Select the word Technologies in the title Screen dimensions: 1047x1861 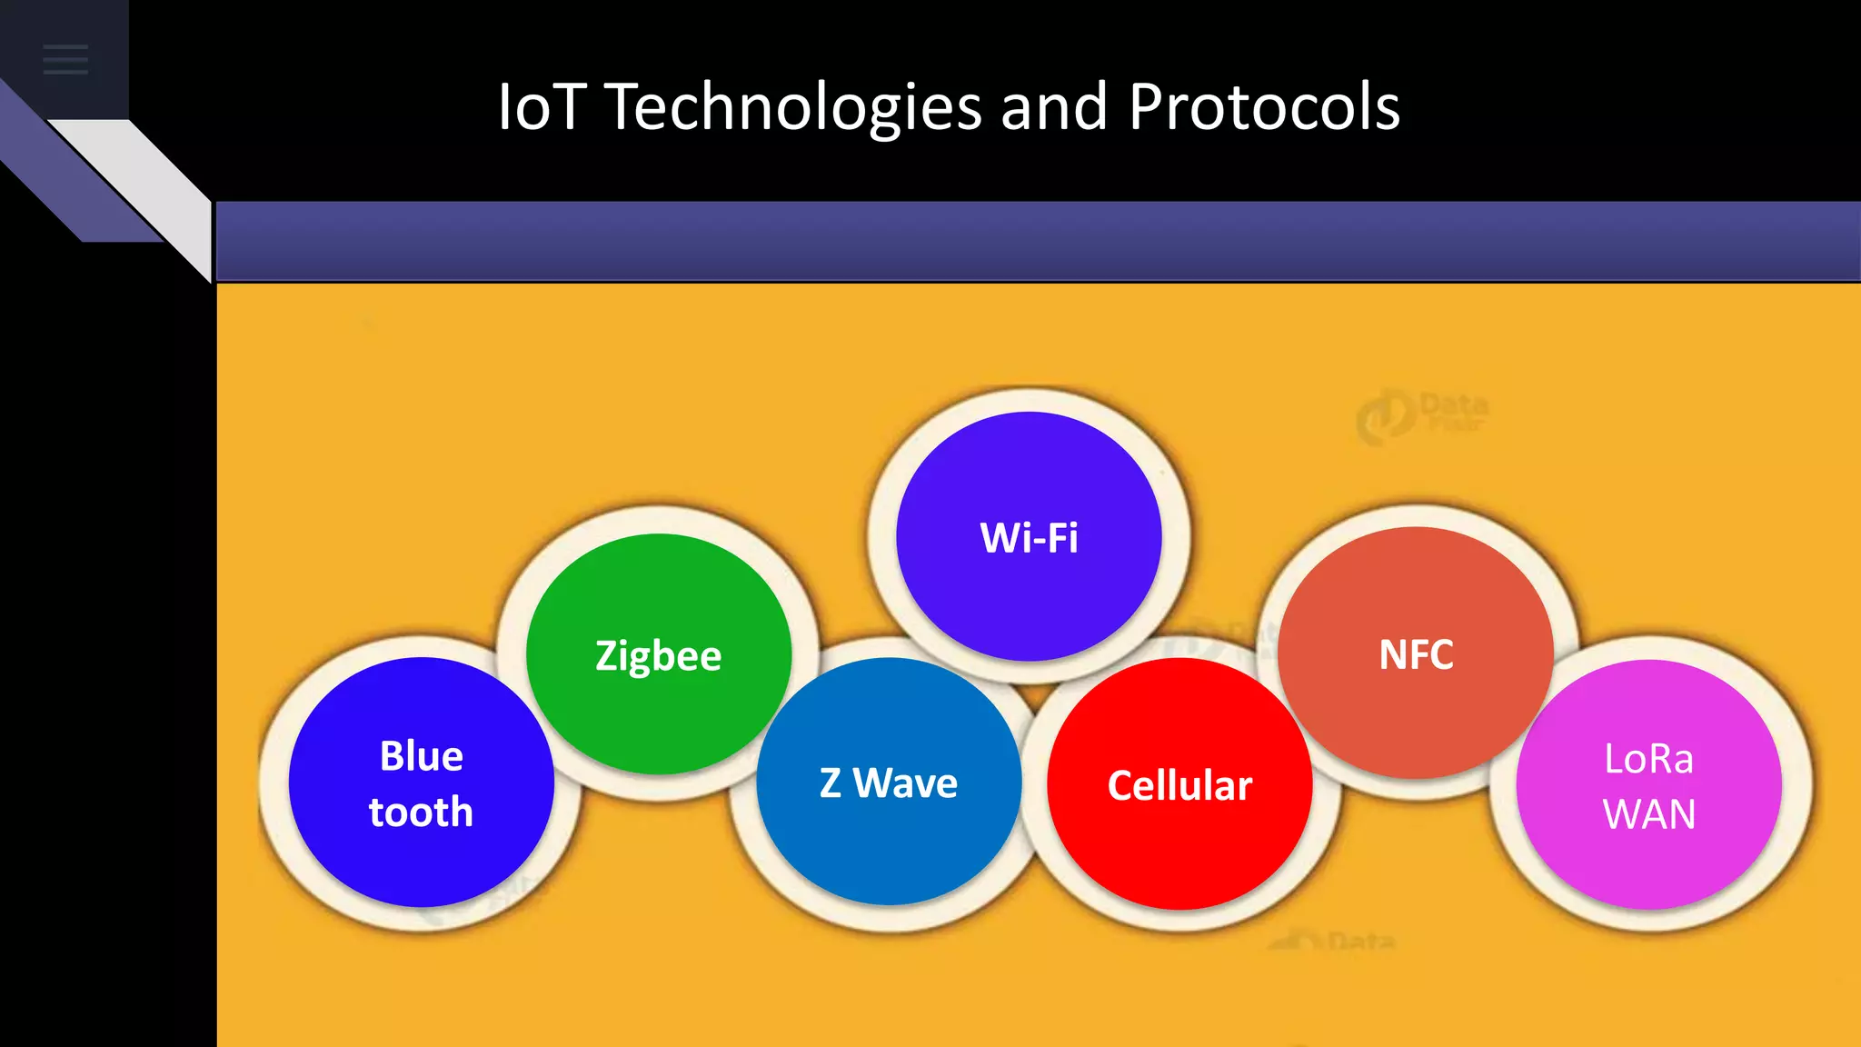click(x=792, y=107)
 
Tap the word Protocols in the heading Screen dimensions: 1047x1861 click(x=1264, y=107)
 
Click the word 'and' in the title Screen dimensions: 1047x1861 click(x=1053, y=107)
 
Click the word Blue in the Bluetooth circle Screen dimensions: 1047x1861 click(x=421, y=756)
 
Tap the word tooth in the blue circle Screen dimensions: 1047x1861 click(x=421, y=812)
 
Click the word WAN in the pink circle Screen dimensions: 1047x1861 click(x=1648, y=814)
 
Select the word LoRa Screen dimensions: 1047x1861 click(x=1648, y=759)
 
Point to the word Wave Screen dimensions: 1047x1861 click(x=905, y=783)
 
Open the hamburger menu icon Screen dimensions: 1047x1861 click(x=65, y=60)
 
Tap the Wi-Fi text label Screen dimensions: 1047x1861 click(x=1029, y=538)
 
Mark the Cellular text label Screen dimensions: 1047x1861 click(x=1179, y=786)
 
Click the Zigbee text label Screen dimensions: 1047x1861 click(x=658, y=656)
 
